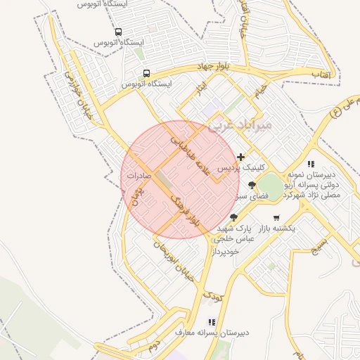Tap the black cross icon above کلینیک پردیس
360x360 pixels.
coord(241,157)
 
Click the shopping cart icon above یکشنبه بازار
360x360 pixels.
coord(276,217)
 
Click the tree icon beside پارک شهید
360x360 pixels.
coord(234,217)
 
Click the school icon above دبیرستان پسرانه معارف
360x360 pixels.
coord(212,322)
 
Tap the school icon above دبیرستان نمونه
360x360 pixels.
coord(311,164)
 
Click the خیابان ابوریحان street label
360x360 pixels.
coord(172,257)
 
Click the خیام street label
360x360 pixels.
coord(260,91)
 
